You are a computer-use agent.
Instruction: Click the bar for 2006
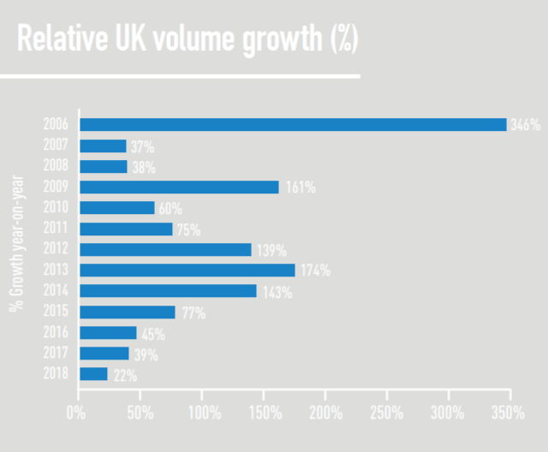293,125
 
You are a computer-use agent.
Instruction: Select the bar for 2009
179,187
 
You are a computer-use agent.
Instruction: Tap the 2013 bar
187,270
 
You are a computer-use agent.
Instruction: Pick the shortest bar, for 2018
93,373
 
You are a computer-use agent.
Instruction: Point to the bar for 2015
127,312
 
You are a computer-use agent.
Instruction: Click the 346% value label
525,125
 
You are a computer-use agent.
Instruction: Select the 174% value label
314,271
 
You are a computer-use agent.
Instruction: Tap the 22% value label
124,375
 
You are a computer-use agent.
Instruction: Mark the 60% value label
170,208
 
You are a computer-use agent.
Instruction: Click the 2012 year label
56,249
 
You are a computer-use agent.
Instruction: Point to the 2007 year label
56,146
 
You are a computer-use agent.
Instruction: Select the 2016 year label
56,332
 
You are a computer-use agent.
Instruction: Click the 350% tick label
509,413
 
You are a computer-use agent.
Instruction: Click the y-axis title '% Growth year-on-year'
16,243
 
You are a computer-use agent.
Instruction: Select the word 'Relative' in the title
60,39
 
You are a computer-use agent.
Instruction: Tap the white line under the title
180,76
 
